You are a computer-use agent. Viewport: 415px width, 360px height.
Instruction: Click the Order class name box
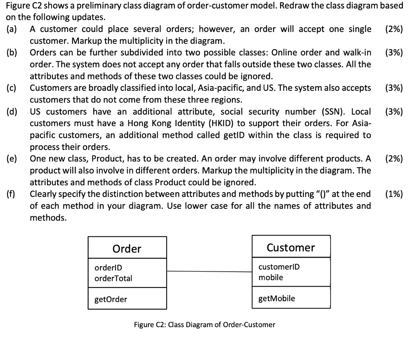(x=127, y=248)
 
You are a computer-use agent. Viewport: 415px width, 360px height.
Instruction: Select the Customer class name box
(x=291, y=247)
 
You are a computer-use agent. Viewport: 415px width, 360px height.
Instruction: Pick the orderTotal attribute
(x=113, y=279)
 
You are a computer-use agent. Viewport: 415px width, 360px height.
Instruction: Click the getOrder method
(x=111, y=300)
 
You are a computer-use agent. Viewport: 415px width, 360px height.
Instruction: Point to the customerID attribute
(x=279, y=267)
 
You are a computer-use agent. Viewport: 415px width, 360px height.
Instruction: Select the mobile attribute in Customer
(x=271, y=278)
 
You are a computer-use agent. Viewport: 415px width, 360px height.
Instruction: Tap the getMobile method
(x=277, y=299)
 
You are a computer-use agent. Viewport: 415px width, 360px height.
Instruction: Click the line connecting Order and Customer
(x=209, y=271)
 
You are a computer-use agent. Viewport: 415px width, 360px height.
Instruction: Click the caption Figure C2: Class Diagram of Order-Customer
(x=205, y=325)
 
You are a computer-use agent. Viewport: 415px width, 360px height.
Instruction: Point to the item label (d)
(x=12, y=112)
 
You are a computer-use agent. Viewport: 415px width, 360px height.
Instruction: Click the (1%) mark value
(x=394, y=194)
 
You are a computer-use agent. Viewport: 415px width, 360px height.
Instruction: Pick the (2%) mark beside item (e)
(x=394, y=159)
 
